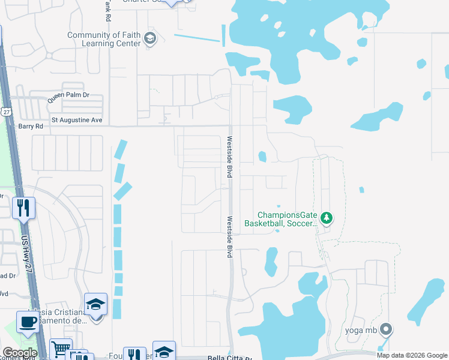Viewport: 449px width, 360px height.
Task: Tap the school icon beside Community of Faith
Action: [x=149, y=40]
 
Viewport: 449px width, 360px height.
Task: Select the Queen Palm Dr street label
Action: [x=68, y=95]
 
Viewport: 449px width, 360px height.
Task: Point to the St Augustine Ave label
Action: [x=77, y=120]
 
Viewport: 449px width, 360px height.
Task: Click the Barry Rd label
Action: [x=31, y=127]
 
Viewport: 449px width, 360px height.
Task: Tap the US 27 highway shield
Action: [x=6, y=112]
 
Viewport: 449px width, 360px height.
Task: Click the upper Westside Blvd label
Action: [x=229, y=157]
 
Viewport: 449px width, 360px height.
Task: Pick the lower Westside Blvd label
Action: [x=229, y=236]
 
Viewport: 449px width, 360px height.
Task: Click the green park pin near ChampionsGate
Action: [x=326, y=218]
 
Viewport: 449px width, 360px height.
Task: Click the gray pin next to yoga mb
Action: [x=386, y=329]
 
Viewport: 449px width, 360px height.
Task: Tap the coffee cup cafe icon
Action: [x=28, y=322]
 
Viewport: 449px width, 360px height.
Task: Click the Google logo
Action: [x=20, y=353]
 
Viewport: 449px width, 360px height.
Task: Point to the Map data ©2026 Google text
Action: [x=411, y=355]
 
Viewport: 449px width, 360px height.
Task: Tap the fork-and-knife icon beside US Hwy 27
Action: [x=24, y=208]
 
